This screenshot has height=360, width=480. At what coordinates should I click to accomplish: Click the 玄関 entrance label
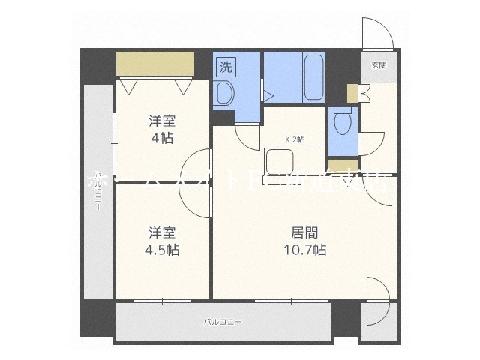click(378, 65)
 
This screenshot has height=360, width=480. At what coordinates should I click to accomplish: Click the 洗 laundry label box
click(226, 66)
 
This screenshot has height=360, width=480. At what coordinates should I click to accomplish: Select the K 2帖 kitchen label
click(294, 139)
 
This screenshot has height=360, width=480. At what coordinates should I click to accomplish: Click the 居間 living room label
click(304, 231)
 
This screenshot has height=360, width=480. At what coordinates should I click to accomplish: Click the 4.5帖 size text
click(161, 250)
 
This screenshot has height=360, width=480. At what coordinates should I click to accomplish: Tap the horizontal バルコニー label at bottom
click(223, 322)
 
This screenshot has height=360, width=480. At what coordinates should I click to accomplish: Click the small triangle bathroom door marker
click(268, 94)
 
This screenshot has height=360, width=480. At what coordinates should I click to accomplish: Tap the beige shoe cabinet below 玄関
click(352, 93)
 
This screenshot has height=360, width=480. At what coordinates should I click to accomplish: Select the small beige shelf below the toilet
click(339, 164)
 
